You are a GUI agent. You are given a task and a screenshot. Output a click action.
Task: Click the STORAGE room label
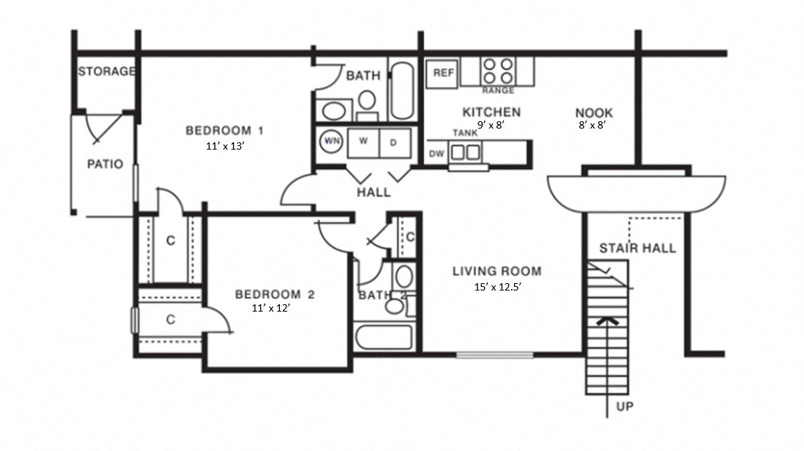[x=107, y=71]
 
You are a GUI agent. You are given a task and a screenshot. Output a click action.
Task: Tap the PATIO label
[x=105, y=164]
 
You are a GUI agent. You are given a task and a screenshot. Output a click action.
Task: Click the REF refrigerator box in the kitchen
[x=443, y=73]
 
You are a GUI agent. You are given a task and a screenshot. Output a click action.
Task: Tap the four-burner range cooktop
[x=498, y=71]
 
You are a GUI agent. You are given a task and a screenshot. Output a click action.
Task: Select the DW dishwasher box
[x=436, y=154]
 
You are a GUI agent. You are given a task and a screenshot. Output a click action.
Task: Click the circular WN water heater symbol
[x=332, y=141]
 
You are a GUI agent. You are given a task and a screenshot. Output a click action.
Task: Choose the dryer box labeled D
[x=393, y=142]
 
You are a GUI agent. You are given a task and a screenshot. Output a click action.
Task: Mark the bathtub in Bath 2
[x=384, y=338]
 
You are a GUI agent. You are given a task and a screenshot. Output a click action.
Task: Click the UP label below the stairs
[x=624, y=407]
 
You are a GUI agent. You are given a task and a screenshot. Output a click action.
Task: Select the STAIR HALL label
[x=637, y=248]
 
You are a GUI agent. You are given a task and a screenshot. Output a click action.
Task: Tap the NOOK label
[x=594, y=113]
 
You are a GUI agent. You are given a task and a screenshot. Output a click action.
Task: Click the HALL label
[x=374, y=192]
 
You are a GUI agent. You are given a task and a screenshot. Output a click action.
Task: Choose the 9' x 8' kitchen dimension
[x=491, y=125]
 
